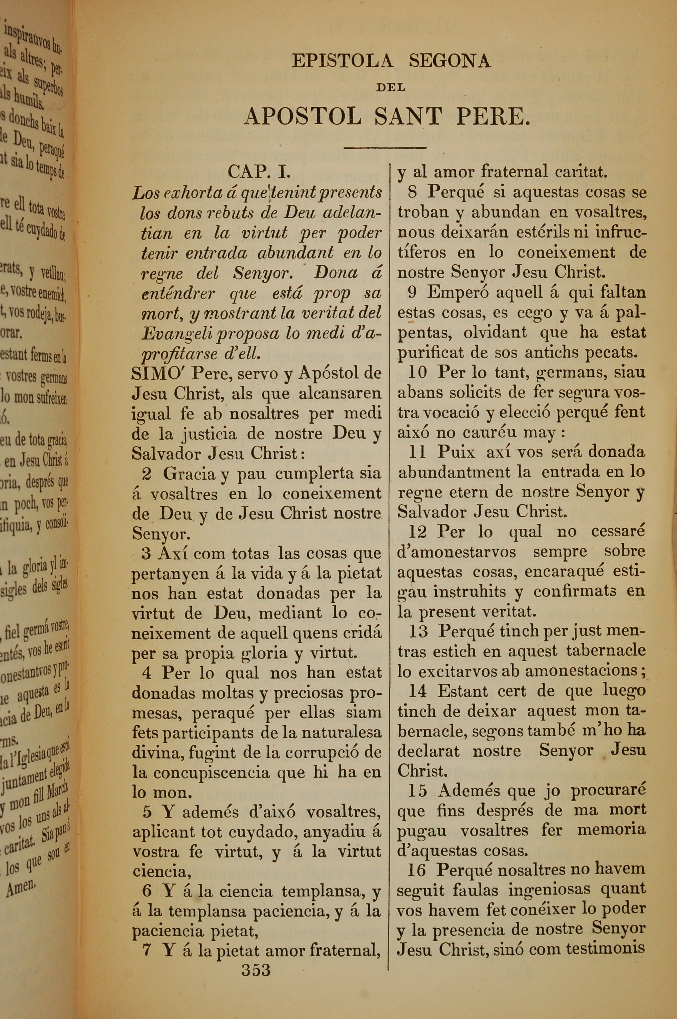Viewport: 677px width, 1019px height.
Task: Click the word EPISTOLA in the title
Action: click(x=342, y=61)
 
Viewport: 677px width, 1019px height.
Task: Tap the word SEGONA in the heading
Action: click(x=450, y=61)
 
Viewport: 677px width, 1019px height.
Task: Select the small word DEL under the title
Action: click(x=390, y=88)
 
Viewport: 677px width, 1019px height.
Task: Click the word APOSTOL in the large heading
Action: click(x=302, y=116)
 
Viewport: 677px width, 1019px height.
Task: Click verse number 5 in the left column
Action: click(x=147, y=812)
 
